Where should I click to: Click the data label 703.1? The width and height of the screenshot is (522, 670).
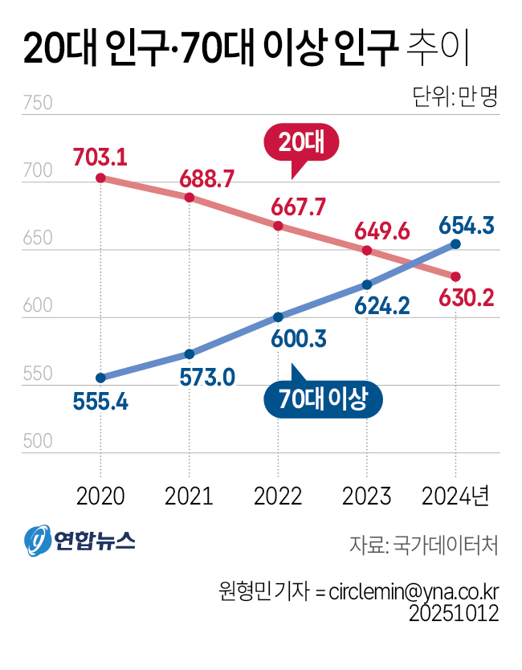(x=100, y=156)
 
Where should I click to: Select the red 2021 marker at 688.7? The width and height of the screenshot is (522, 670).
(x=190, y=197)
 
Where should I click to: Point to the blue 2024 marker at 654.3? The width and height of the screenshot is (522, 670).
(x=456, y=243)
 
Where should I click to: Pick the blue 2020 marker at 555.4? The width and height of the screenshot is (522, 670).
(x=100, y=378)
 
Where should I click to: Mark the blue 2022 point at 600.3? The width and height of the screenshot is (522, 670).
(x=278, y=317)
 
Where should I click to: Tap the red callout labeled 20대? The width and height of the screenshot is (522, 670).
(x=301, y=142)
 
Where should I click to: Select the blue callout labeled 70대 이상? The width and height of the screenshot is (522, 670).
(x=323, y=399)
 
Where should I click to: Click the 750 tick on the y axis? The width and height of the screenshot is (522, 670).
(x=38, y=104)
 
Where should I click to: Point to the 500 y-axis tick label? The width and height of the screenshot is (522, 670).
(x=38, y=442)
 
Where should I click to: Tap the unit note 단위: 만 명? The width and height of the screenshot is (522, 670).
(x=455, y=97)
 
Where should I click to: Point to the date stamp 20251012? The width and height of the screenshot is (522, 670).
(x=454, y=615)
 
